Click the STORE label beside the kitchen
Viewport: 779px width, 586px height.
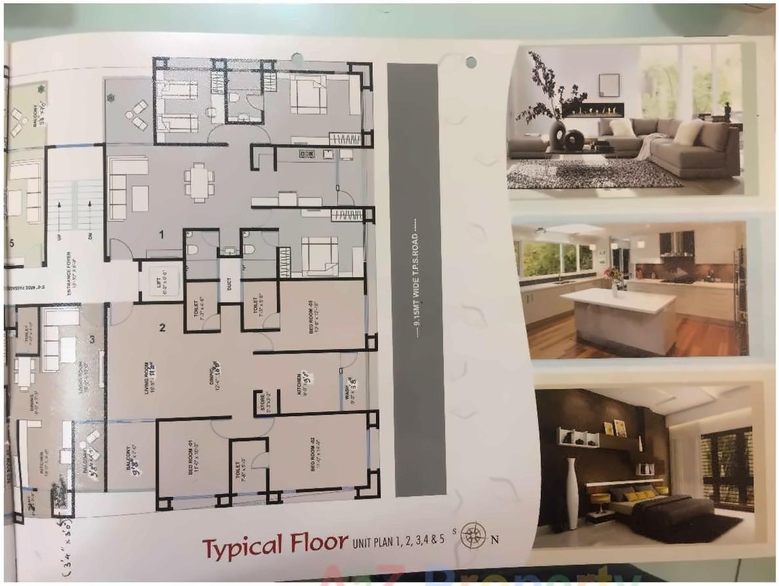(x=262, y=401)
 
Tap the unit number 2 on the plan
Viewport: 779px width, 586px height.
(x=162, y=327)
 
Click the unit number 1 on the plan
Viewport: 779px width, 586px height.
(x=160, y=234)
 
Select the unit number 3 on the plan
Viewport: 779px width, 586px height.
(x=93, y=339)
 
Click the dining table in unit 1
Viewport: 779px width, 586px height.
(x=199, y=181)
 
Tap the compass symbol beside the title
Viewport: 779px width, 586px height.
(x=473, y=536)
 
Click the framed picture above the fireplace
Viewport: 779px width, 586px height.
(x=608, y=85)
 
